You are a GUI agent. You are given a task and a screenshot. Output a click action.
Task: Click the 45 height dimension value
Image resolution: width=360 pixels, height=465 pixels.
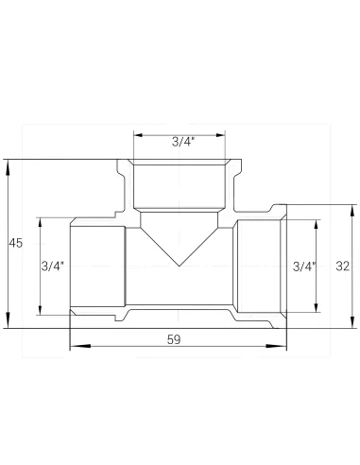pos(14,244)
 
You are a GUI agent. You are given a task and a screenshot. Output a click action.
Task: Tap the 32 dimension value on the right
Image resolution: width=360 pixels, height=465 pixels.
pos(343,267)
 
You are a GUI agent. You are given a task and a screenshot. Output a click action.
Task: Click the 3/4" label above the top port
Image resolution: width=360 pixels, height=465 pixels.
pos(183,143)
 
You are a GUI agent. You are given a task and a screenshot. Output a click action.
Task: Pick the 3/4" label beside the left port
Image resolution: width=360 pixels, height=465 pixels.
pos(53,267)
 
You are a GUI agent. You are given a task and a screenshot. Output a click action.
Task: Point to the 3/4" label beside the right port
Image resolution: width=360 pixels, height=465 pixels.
pos(304,267)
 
